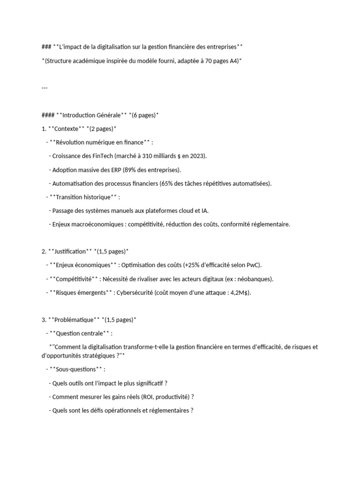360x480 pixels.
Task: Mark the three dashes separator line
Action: tap(45, 87)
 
